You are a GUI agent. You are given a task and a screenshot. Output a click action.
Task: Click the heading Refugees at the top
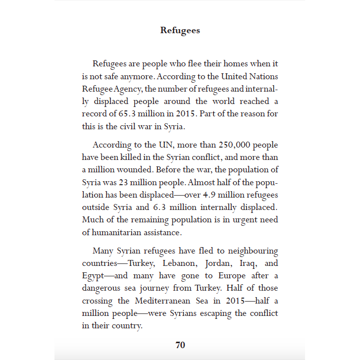pos(180,30)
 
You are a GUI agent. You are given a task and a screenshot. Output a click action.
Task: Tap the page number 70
pos(180,345)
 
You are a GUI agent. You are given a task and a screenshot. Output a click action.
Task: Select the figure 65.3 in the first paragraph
pos(127,113)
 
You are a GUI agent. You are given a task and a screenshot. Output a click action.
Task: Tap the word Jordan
pos(220,263)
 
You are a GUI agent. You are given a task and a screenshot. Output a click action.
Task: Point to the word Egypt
pos(93,276)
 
